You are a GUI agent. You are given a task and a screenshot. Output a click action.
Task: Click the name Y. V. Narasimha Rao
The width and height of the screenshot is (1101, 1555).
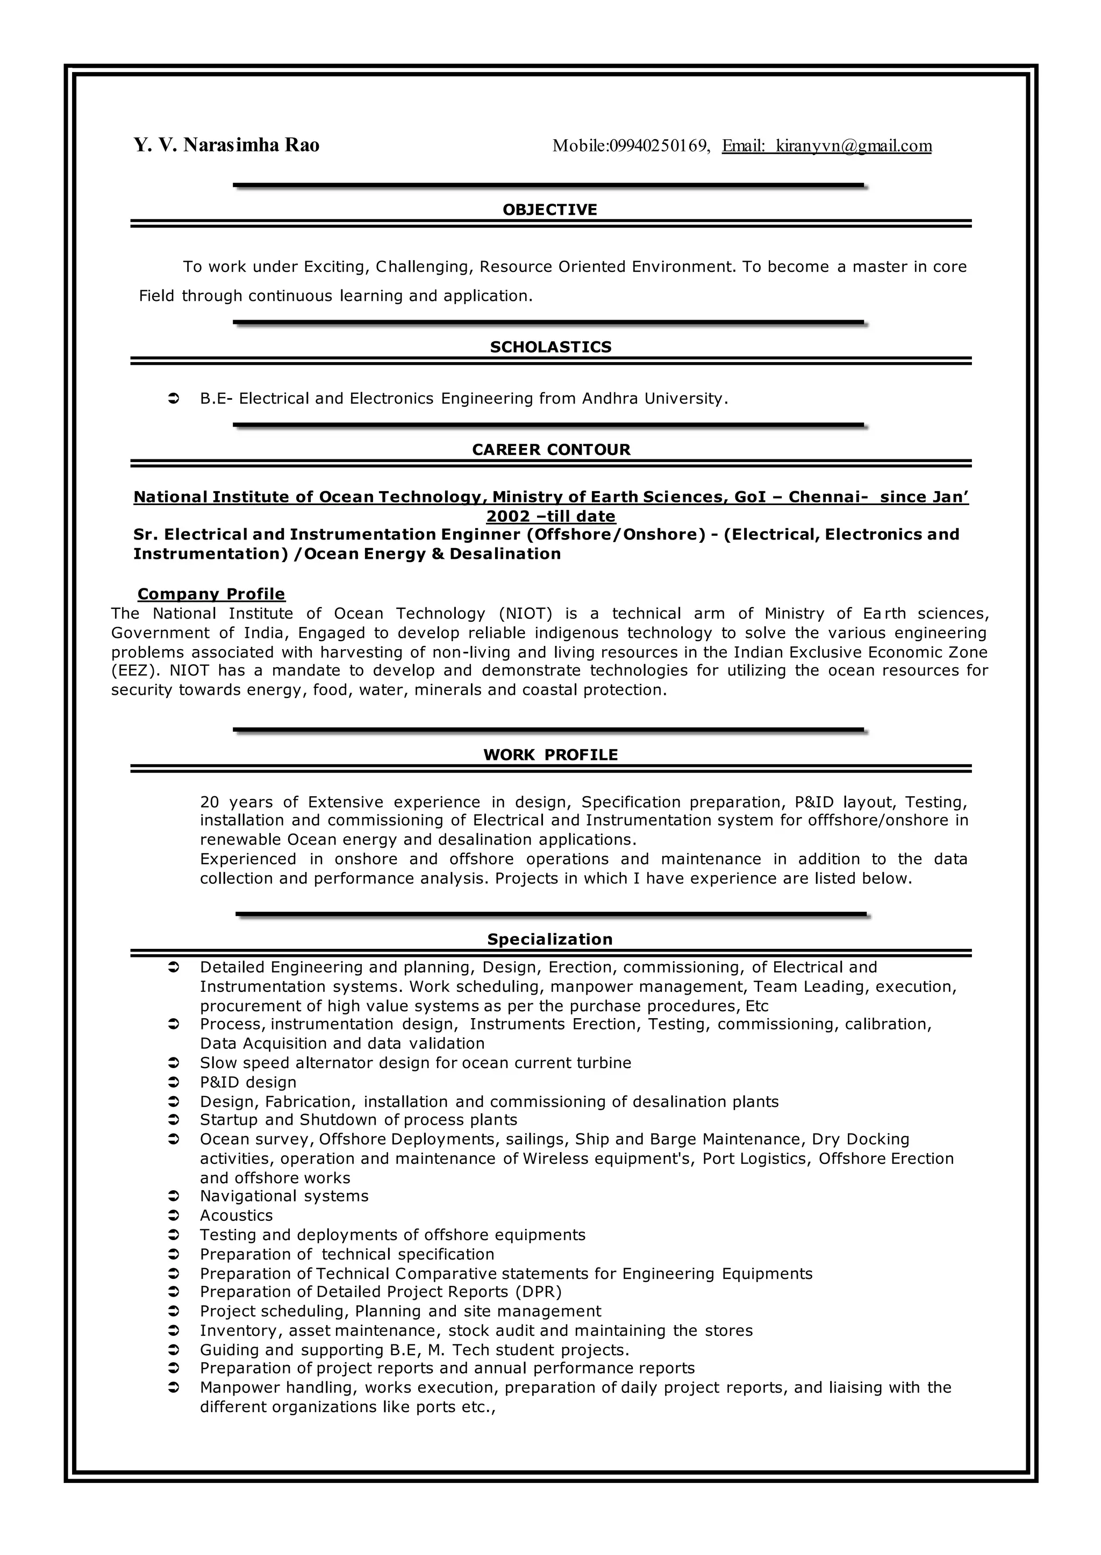click(226, 146)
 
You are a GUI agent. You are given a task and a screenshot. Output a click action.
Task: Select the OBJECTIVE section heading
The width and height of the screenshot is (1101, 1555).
click(550, 210)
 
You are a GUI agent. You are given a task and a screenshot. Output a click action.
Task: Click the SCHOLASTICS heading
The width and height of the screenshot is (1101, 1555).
click(550, 347)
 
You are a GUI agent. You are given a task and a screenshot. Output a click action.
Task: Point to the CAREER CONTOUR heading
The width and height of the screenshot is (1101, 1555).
click(550, 450)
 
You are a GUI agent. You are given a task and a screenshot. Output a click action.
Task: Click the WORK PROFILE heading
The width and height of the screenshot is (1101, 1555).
click(550, 755)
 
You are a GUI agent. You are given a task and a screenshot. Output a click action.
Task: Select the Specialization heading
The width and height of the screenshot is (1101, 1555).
click(550, 939)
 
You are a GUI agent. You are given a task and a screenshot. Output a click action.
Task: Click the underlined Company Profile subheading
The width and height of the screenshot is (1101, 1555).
click(211, 594)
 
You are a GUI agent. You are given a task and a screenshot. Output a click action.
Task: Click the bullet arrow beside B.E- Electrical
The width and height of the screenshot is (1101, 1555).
click(173, 399)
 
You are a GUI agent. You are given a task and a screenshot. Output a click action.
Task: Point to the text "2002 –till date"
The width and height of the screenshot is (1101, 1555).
click(550, 516)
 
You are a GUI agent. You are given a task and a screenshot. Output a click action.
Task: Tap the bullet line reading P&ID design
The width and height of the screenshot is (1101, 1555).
click(248, 1083)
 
